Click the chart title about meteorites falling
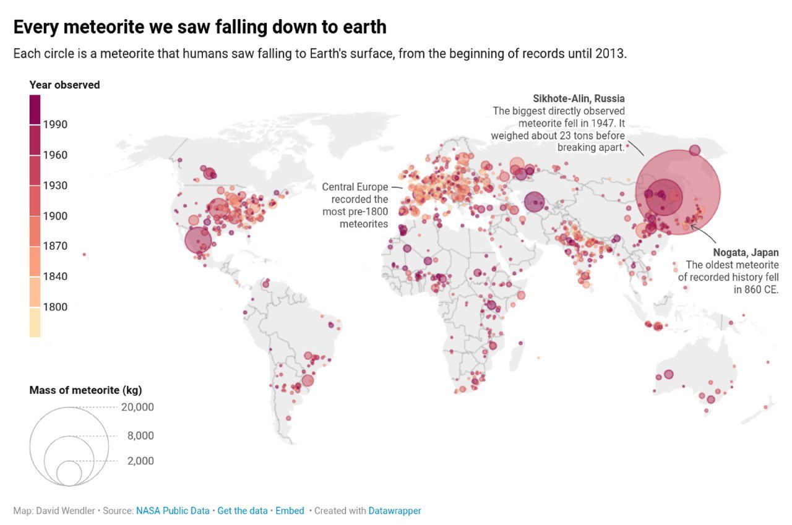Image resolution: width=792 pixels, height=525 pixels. tap(200, 27)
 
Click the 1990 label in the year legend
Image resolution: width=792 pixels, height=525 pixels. tap(55, 124)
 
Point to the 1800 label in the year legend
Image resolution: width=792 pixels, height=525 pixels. tap(55, 307)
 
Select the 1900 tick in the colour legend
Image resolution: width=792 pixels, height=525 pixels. tap(55, 216)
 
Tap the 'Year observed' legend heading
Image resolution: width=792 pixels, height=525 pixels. tap(64, 85)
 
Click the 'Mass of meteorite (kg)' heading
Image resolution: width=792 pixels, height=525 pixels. tap(85, 390)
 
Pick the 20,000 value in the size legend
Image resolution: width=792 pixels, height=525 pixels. tap(137, 407)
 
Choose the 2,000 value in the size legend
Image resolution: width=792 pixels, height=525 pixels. tap(140, 461)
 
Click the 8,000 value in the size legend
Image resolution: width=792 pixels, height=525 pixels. tap(140, 435)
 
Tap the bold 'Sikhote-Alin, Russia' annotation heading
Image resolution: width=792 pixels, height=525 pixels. tap(579, 98)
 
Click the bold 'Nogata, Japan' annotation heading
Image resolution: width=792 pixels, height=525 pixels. tap(746, 252)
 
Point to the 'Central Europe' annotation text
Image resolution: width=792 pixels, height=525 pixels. tap(355, 187)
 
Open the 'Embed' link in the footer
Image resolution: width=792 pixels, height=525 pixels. tap(290, 511)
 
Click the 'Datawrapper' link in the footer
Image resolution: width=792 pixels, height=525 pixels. tap(395, 511)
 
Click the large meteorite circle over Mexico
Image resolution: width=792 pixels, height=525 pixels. tap(198, 241)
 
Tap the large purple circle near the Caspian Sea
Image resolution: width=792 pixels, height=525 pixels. tap(535, 202)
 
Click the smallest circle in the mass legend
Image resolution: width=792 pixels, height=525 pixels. tap(69, 474)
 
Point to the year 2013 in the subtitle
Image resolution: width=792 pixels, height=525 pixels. tap(611, 54)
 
